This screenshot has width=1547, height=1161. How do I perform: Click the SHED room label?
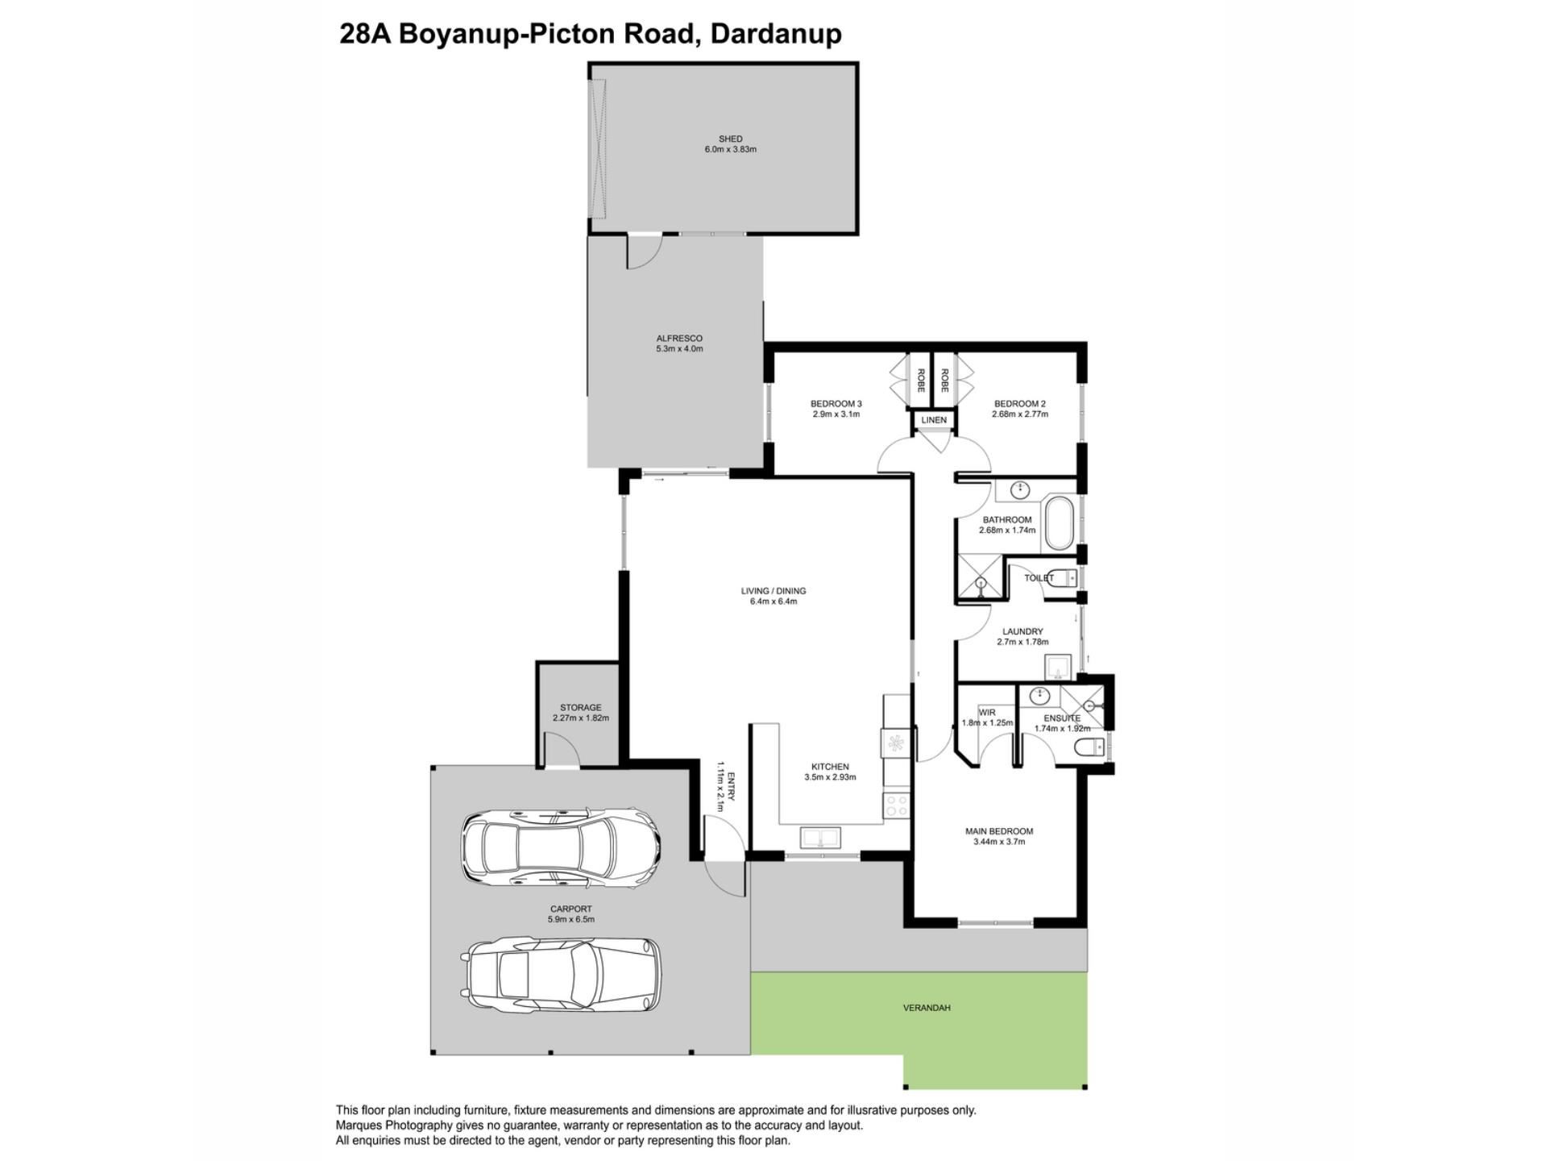[730, 139]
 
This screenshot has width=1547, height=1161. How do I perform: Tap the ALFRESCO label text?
[679, 339]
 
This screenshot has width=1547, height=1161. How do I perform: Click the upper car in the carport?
[561, 846]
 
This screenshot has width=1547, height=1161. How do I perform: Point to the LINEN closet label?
[934, 420]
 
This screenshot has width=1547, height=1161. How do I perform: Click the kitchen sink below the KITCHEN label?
[821, 838]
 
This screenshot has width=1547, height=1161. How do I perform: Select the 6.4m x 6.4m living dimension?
[773, 601]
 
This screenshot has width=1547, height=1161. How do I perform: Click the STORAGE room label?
[580, 708]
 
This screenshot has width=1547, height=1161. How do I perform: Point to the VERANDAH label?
[927, 1008]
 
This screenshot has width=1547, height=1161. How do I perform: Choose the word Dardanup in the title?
[776, 34]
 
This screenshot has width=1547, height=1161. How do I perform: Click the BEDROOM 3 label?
[836, 404]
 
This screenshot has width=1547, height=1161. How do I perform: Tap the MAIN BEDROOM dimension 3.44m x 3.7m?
[999, 842]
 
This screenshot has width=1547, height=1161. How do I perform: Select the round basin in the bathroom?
[1021, 489]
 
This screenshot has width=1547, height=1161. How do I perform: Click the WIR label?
[987, 713]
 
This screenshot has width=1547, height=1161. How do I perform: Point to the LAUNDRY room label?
[1022, 632]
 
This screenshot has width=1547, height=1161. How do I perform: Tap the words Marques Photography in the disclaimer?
[394, 1126]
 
